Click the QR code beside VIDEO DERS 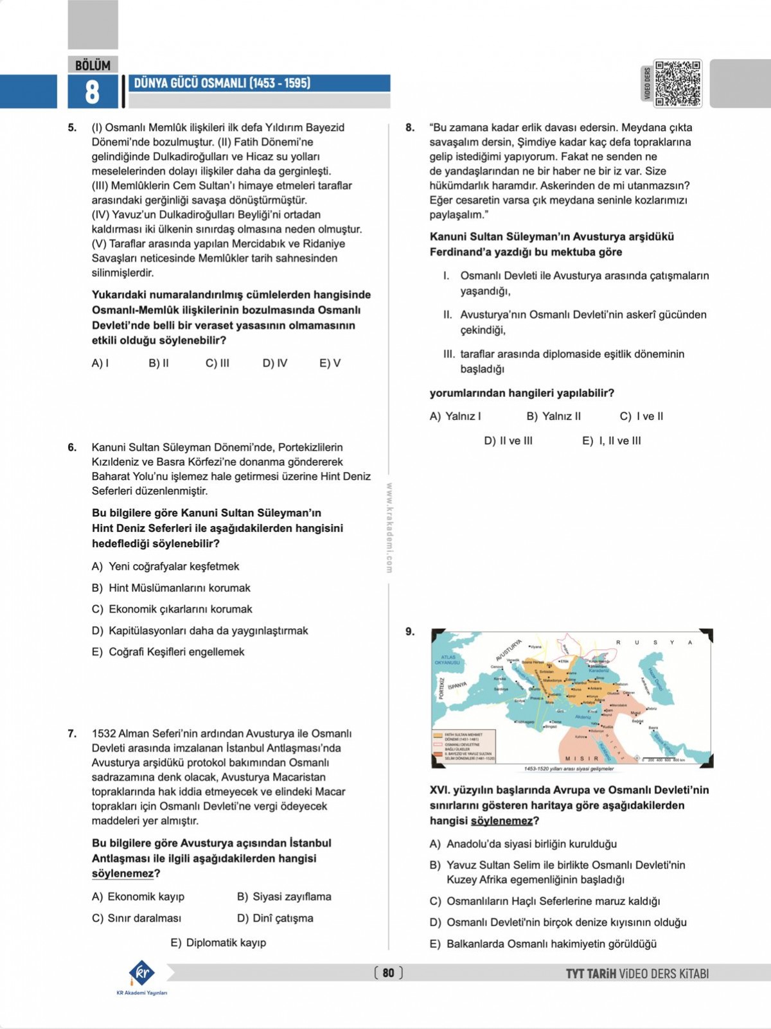point(677,84)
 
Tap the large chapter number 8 point(92,92)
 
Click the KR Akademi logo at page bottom point(142,973)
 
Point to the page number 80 point(388,972)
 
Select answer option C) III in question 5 point(217,363)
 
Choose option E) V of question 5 point(330,363)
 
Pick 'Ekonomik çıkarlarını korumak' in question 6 point(180,609)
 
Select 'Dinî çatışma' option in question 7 point(283,918)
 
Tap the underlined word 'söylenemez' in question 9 point(501,821)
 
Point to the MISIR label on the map point(581,759)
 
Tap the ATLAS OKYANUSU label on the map point(448,660)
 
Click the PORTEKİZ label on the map point(441,687)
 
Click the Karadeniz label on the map point(599,670)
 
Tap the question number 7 point(72,734)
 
